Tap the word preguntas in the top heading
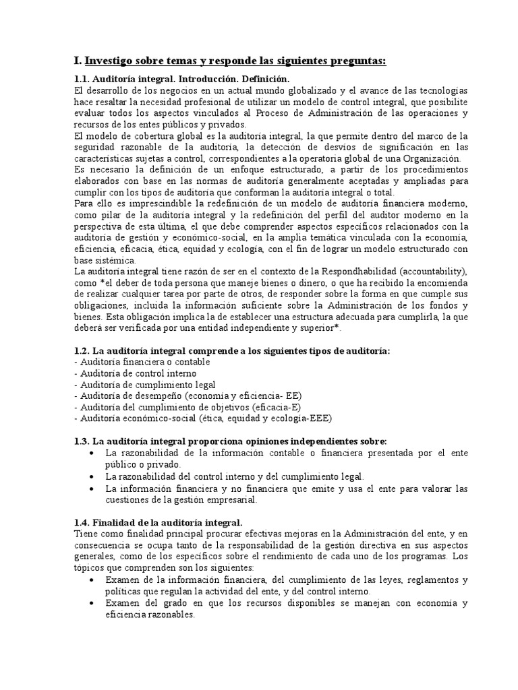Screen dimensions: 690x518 click(x=353, y=61)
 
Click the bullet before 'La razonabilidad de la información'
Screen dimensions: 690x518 click(x=91, y=453)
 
